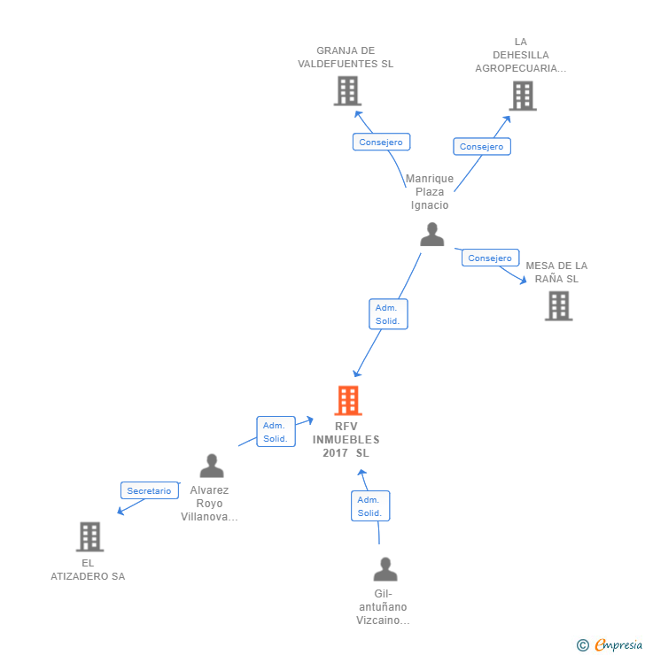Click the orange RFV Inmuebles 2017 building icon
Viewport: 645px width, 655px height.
pos(348,401)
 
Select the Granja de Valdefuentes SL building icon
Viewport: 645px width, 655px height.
pos(347,91)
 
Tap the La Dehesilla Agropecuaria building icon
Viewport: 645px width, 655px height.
pos(523,96)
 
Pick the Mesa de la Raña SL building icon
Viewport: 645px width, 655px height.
pos(558,305)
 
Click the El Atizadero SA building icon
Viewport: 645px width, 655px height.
pos(89,536)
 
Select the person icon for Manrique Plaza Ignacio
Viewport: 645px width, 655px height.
pos(432,234)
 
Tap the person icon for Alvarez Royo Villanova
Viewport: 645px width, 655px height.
pos(212,466)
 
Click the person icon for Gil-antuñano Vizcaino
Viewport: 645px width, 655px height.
pos(385,569)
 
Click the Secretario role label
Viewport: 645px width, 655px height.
pos(149,490)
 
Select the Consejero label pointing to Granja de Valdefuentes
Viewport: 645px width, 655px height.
pos(381,142)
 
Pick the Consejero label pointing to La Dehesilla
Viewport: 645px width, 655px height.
pos(481,147)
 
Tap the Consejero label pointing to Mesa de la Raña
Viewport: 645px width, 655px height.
pos(490,258)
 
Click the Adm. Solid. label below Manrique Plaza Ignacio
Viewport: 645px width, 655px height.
pos(388,314)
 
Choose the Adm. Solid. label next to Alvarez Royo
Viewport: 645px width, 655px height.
pos(276,432)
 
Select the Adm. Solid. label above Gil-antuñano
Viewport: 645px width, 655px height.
pos(369,506)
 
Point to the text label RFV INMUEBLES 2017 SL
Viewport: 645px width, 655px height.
pos(346,440)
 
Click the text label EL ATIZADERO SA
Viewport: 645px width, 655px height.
pos(88,569)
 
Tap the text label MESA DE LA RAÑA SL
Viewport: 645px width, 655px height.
pos(556,272)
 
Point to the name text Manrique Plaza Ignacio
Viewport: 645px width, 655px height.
pos(430,192)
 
